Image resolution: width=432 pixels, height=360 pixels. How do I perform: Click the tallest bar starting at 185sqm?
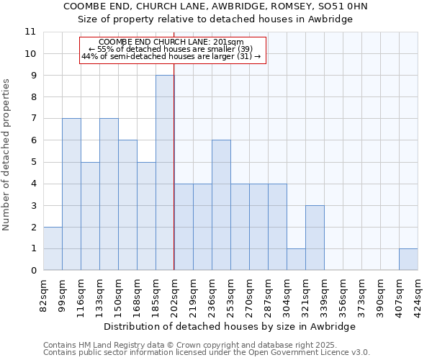(x=165, y=173)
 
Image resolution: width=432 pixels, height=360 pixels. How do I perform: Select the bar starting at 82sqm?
(x=53, y=248)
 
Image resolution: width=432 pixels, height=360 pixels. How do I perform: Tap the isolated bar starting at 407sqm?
(x=408, y=259)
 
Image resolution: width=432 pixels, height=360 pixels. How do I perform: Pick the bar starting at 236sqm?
(x=221, y=205)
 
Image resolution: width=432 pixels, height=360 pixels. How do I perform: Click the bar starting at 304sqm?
(x=296, y=259)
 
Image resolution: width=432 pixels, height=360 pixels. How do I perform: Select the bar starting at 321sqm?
(x=315, y=238)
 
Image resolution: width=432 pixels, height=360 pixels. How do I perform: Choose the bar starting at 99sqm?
(x=71, y=194)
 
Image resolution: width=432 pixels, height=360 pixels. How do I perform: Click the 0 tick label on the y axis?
(x=33, y=271)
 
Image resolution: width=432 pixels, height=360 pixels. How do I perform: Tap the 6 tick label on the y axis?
(x=33, y=140)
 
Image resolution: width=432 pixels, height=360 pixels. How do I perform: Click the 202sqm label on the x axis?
(x=175, y=293)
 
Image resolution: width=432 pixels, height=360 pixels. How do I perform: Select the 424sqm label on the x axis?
(x=418, y=293)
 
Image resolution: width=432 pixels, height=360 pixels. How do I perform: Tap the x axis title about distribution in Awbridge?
(x=230, y=326)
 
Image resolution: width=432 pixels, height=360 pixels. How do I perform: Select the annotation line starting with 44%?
(x=171, y=56)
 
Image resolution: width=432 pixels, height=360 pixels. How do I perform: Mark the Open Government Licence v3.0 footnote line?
(x=207, y=353)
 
